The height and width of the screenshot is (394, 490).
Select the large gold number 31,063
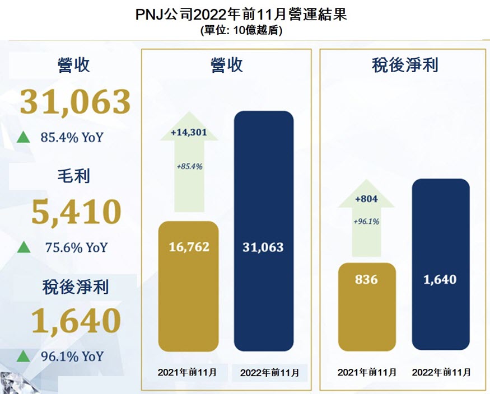75,102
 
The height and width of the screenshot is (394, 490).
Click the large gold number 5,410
75,212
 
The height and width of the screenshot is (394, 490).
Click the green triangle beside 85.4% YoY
24,137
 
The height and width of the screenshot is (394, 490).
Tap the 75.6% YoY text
74,247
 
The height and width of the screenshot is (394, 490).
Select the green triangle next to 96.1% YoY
24,356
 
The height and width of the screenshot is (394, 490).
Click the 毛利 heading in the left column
74,176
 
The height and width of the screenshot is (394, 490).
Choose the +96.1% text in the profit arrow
367,222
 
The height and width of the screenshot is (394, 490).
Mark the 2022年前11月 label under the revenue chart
269,372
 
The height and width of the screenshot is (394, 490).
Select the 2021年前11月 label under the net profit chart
367,372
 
